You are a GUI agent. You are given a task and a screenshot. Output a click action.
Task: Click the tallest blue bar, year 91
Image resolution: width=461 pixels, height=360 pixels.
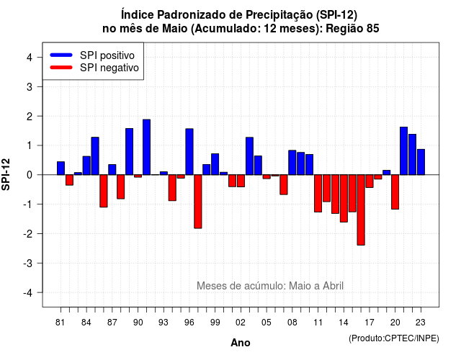(146, 147)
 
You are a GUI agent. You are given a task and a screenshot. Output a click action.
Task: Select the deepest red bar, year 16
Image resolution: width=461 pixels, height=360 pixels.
(361, 210)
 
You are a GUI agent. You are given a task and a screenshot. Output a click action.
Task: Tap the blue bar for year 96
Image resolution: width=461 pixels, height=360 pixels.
(189, 152)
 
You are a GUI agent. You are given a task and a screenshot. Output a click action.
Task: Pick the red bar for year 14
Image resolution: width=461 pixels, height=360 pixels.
(344, 199)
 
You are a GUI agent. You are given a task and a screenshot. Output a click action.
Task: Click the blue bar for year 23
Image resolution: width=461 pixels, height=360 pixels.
(421, 162)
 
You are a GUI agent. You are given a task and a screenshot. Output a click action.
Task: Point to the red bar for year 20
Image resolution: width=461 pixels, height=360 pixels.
(395, 192)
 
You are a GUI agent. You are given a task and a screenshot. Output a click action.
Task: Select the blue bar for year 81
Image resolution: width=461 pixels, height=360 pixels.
(61, 168)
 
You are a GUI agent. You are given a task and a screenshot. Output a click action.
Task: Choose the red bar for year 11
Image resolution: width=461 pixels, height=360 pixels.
(318, 194)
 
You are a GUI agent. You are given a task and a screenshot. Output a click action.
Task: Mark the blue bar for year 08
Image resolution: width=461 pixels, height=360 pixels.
(292, 163)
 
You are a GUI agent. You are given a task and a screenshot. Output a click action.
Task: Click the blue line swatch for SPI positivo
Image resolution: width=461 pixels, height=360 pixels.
(61, 55)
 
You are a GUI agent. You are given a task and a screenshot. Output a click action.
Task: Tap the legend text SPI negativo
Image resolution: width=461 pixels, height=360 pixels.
(109, 68)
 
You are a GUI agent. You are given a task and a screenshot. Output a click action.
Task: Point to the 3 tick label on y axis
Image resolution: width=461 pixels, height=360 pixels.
(30, 86)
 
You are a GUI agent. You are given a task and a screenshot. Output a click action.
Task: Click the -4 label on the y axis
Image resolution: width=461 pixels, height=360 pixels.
(28, 293)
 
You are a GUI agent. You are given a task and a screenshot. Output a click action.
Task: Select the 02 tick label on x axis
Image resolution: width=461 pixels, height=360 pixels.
(241, 323)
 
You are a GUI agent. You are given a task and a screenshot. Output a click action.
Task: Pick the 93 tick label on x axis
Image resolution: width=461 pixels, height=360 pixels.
(164, 323)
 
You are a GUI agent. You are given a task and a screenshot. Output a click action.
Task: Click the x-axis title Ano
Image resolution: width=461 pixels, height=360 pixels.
(241, 343)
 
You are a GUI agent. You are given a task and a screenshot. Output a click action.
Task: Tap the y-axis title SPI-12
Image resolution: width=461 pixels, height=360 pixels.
(6, 174)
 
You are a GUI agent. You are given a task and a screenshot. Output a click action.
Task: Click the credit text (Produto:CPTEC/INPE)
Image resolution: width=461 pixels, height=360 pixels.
(394, 338)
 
